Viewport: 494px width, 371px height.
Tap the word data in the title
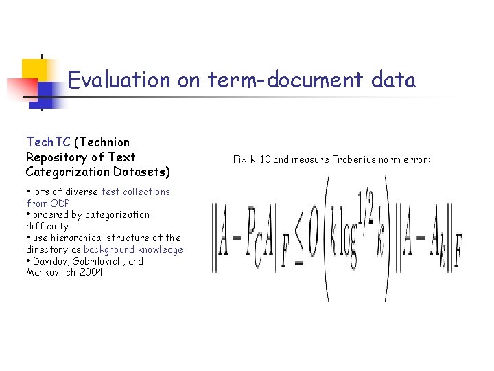click(393, 80)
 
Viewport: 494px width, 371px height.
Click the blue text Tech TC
click(48, 142)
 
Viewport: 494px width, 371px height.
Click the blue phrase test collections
click(135, 192)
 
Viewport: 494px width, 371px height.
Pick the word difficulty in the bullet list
click(47, 226)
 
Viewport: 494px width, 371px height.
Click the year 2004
click(91, 272)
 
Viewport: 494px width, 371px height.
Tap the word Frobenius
click(349, 159)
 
